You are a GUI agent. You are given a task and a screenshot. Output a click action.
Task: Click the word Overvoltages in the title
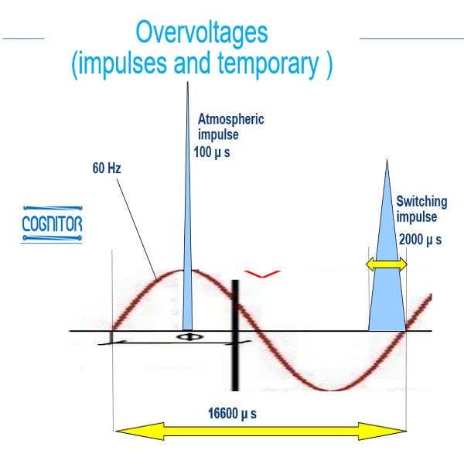tap(202, 32)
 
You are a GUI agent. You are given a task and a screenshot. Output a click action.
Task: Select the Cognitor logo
tap(52, 224)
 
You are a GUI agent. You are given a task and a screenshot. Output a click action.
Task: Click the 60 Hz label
tap(107, 168)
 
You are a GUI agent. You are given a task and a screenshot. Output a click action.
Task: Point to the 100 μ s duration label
tap(212, 152)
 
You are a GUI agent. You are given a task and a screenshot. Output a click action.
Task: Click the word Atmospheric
tap(230, 119)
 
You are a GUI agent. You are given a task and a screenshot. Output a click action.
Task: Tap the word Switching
tap(421, 202)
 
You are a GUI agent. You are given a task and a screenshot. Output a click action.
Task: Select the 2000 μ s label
tap(420, 240)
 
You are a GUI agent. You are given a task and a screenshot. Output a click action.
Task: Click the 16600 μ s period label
tap(232, 414)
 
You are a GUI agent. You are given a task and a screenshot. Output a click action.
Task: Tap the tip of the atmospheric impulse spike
tap(187, 82)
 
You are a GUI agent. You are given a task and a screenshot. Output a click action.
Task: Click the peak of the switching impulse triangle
tap(387, 160)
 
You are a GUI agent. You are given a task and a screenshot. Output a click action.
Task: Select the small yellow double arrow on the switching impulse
tap(387, 264)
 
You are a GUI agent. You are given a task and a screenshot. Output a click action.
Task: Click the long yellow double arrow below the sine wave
tap(261, 432)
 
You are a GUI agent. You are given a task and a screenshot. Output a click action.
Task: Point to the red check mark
tap(261, 274)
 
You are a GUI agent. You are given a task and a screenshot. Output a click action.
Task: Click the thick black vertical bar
tap(235, 336)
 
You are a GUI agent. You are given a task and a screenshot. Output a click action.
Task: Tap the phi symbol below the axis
tap(189, 337)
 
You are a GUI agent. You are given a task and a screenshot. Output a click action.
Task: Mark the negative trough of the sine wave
tap(332, 390)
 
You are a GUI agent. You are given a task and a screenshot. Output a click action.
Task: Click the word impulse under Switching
tap(417, 217)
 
